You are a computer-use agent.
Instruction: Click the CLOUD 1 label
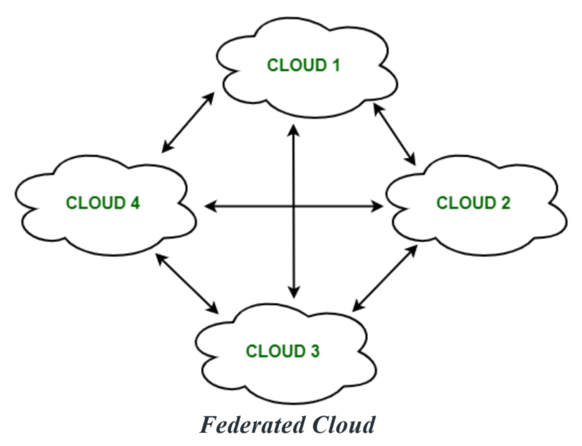[303, 65]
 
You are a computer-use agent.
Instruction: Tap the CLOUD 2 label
[473, 203]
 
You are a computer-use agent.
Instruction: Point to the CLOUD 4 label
[103, 203]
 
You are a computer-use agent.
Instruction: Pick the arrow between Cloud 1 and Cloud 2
[394, 134]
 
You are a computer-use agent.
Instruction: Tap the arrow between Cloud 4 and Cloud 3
[187, 283]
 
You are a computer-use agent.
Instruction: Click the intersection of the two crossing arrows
[294, 207]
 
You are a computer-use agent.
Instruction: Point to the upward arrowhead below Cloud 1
[294, 130]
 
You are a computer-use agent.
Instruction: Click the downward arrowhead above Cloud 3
[294, 292]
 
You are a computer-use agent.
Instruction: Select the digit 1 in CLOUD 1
[336, 65]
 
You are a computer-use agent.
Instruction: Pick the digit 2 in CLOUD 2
[506, 203]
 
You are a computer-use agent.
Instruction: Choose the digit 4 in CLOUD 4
[135, 203]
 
